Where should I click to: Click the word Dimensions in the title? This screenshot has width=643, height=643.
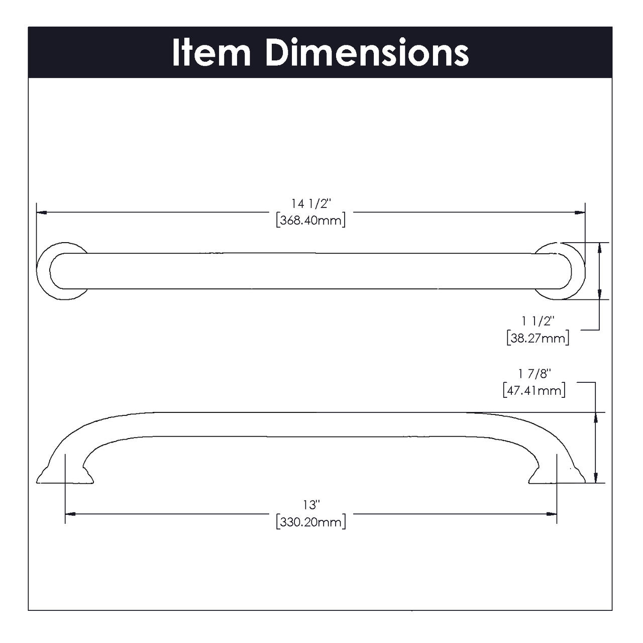[367, 52]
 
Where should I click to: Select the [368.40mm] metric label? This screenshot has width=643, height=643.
[311, 220]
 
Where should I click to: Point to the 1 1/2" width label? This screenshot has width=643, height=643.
[538, 320]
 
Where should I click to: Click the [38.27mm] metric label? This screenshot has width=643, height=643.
[538, 338]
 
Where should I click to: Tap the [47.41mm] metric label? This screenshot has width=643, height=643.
[534, 390]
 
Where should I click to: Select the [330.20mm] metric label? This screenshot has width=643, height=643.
[311, 522]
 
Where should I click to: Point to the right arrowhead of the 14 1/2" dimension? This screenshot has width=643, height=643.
[580, 213]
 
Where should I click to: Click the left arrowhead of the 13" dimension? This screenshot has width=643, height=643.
[70, 514]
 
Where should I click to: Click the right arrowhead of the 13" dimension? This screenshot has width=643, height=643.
[552, 514]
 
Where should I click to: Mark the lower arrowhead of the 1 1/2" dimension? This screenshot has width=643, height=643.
[599, 295]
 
